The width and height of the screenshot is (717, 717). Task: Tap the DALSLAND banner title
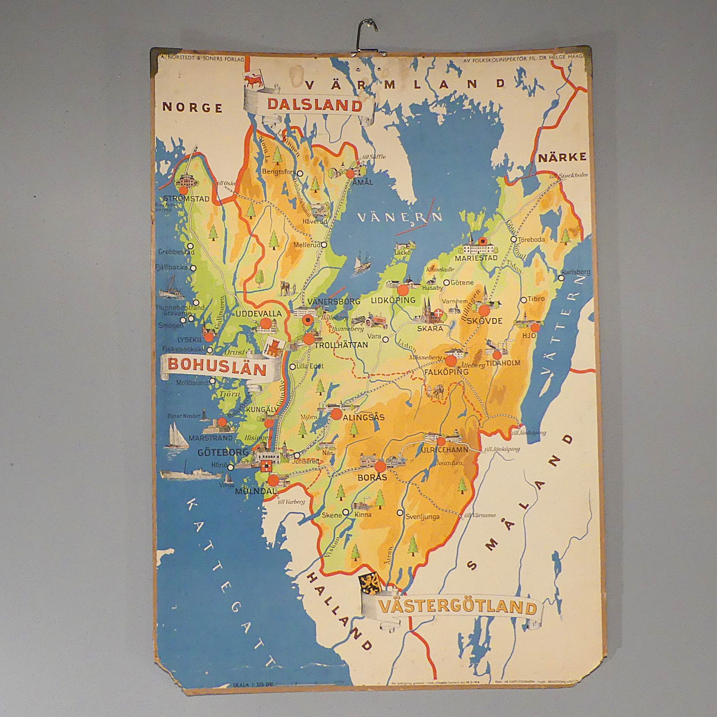314,106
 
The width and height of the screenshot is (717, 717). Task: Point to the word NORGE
193,108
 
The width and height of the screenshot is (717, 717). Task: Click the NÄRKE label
562,157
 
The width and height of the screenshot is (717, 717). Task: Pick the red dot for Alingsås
336,414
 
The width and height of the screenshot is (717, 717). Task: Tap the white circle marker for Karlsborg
561,278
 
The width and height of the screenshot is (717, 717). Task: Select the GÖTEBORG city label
218,452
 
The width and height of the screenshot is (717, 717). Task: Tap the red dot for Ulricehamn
441,442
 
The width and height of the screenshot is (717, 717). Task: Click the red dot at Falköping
451,361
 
